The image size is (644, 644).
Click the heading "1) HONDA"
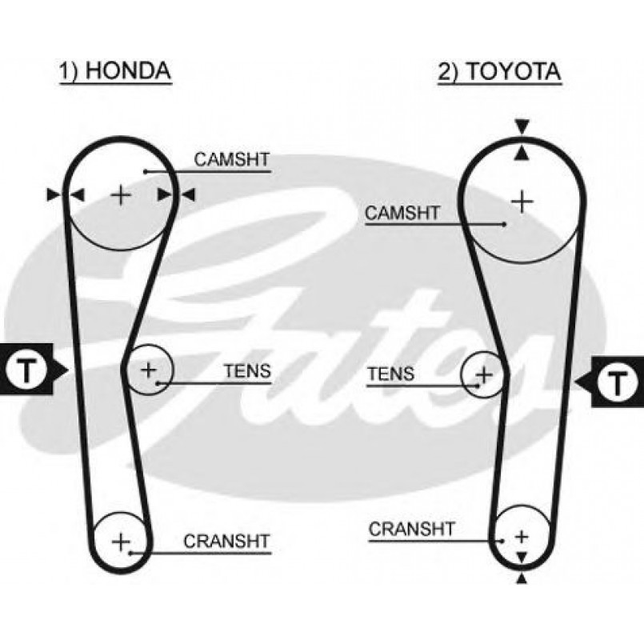115,70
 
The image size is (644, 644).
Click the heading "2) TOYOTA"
498,70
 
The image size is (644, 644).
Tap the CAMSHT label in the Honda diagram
232,160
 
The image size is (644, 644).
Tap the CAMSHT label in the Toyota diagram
402,213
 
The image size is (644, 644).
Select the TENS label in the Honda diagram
247,371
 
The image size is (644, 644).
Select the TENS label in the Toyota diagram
390,374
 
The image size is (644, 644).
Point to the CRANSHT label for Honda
227,541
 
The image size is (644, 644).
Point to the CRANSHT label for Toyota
411,529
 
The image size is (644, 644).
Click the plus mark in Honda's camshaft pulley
120,194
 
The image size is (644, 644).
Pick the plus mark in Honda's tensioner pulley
149,370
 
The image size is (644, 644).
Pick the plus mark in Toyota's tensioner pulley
484,374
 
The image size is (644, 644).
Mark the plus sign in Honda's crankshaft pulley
120,542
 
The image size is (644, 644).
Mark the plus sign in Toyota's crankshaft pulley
522,536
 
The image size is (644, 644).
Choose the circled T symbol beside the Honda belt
27,370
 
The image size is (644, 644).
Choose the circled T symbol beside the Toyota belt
617,382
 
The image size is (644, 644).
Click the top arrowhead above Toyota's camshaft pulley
522,126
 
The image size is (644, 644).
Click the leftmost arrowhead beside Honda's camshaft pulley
54,194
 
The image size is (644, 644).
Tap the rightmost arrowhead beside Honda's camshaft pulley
188,194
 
